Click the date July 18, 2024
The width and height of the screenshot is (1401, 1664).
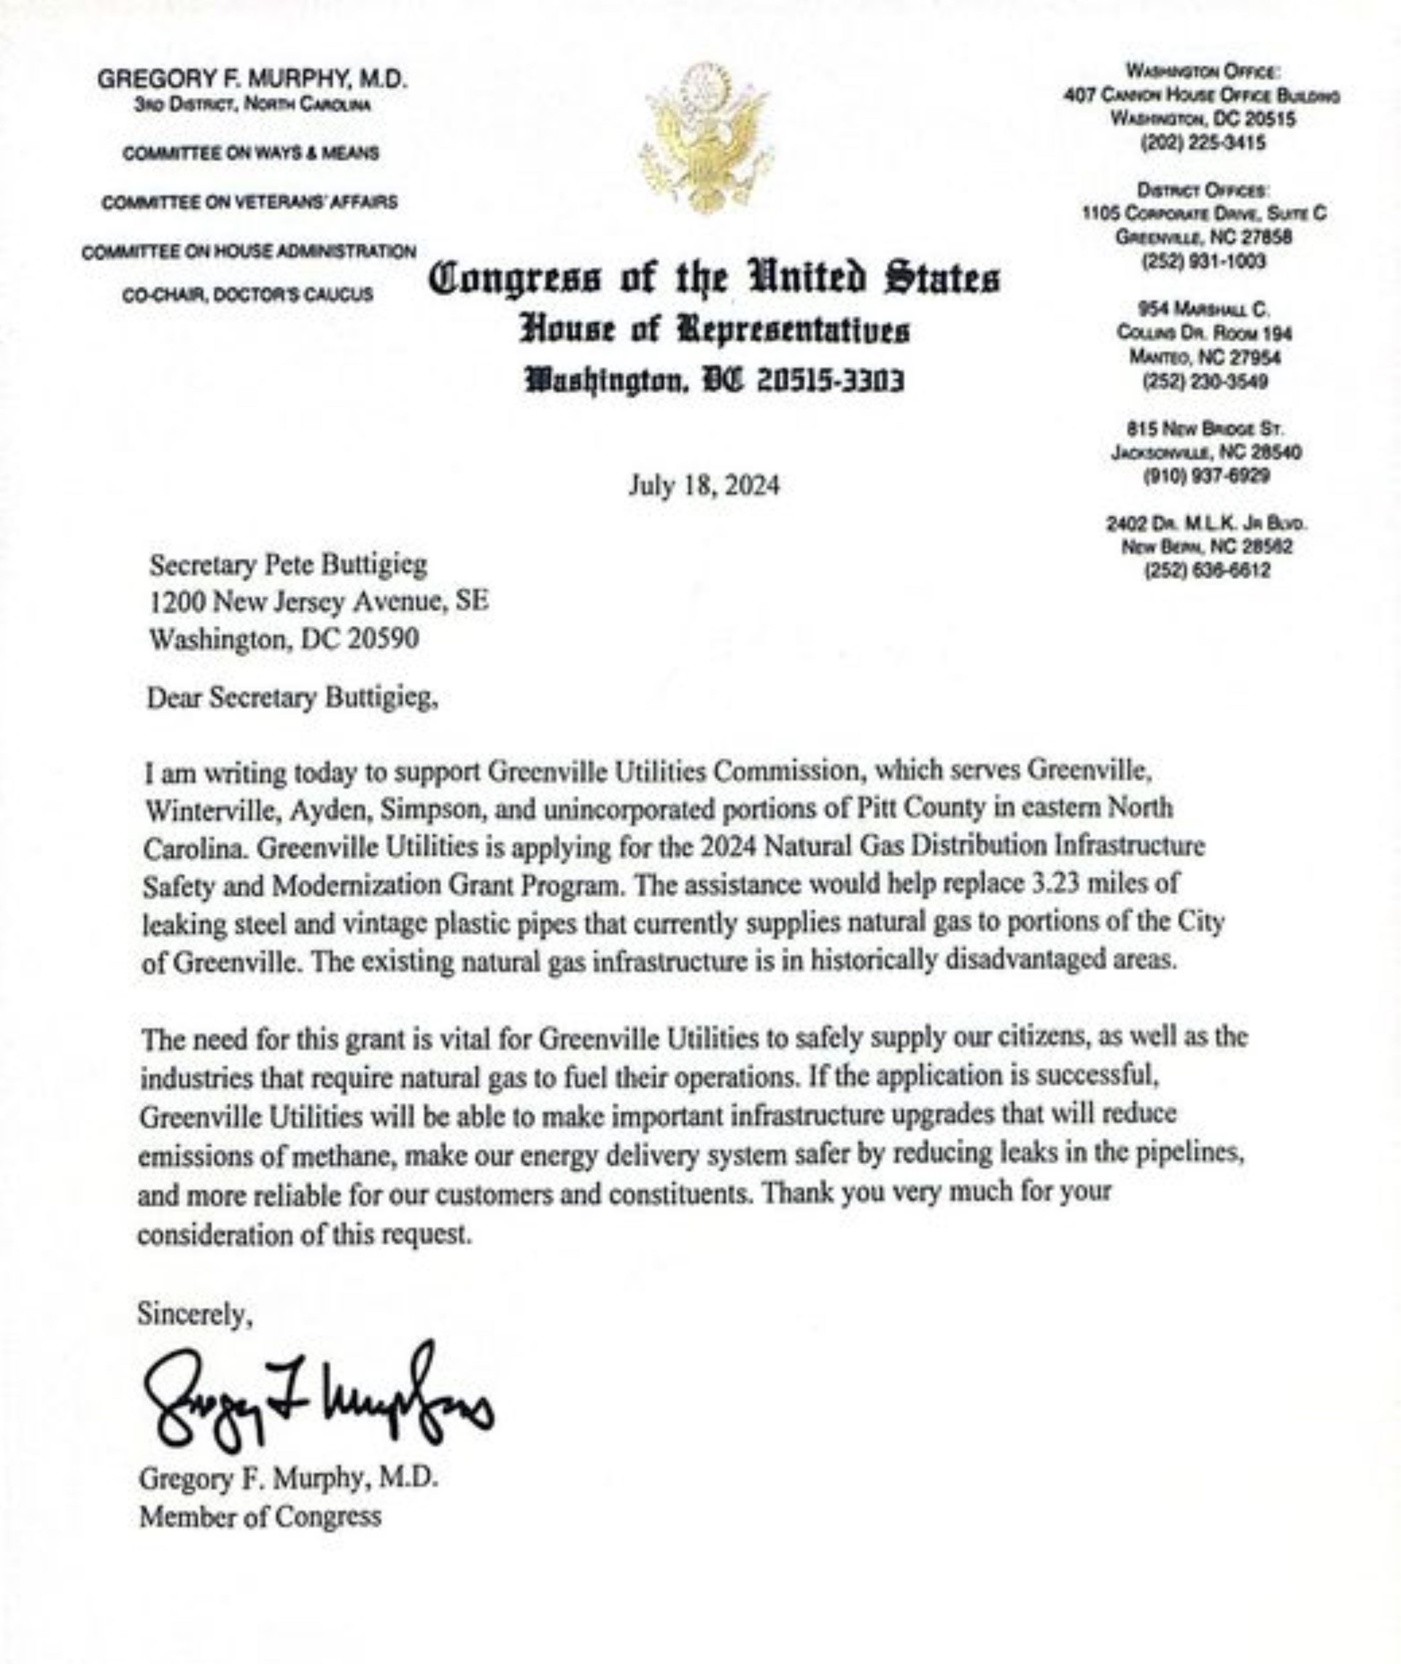click(704, 485)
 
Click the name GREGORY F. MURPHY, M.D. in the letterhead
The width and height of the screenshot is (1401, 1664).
click(253, 79)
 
